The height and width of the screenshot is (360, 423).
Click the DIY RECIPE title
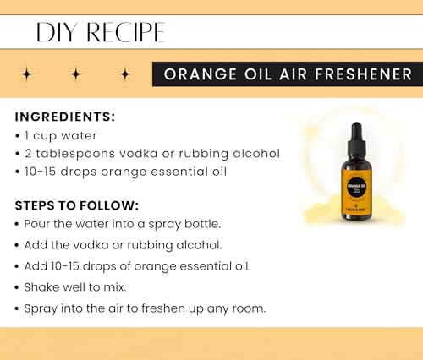[100, 32]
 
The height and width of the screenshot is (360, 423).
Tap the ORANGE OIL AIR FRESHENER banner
[283, 74]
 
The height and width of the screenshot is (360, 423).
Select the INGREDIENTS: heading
[65, 117]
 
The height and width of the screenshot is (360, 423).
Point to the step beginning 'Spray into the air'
[144, 308]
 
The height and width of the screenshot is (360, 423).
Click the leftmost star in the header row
[26, 74]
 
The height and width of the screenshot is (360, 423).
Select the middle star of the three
[76, 74]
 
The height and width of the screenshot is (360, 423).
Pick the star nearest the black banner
[125, 74]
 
